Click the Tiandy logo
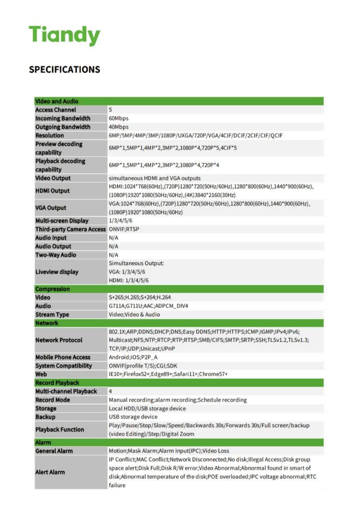coord(64,35)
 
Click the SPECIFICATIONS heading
coord(64,69)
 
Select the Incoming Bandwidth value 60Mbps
coord(119,118)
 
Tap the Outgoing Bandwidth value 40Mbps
coord(119,127)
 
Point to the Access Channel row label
coord(56,110)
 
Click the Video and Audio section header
coord(57,101)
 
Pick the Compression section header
coord(52,289)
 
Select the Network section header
coord(47,323)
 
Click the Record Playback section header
coord(57,383)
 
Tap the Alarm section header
coord(43,442)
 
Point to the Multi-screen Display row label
coord(62,221)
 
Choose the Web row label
coord(41,374)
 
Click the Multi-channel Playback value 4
coord(111,391)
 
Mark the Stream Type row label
coord(52,315)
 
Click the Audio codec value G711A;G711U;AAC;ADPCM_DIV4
coord(149,306)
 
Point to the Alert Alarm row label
coord(50,472)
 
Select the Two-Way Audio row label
coord(56,255)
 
